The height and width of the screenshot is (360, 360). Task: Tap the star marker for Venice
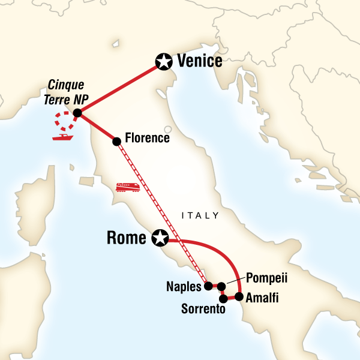click(163, 61)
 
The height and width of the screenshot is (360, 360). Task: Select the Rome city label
click(126, 238)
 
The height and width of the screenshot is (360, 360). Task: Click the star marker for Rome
click(160, 238)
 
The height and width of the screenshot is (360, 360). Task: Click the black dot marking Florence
click(116, 141)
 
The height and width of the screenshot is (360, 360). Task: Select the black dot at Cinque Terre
click(77, 113)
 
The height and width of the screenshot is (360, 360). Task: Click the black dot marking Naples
click(208, 286)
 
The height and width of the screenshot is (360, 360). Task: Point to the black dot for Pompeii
click(221, 286)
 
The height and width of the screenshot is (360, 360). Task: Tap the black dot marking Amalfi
click(239, 296)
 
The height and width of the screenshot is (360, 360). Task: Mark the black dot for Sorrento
click(223, 298)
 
